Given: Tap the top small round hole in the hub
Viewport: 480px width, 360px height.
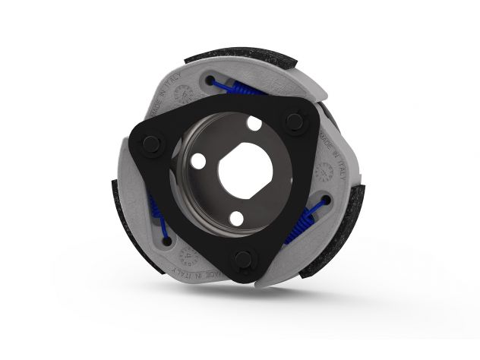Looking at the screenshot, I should pyautogui.click(x=254, y=122).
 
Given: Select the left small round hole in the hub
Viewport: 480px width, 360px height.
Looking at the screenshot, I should pyautogui.click(x=197, y=161).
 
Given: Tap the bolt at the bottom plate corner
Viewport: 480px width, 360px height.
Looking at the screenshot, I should pyautogui.click(x=243, y=260).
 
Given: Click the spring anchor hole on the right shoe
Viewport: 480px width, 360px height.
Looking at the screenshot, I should pyautogui.click(x=325, y=201).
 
